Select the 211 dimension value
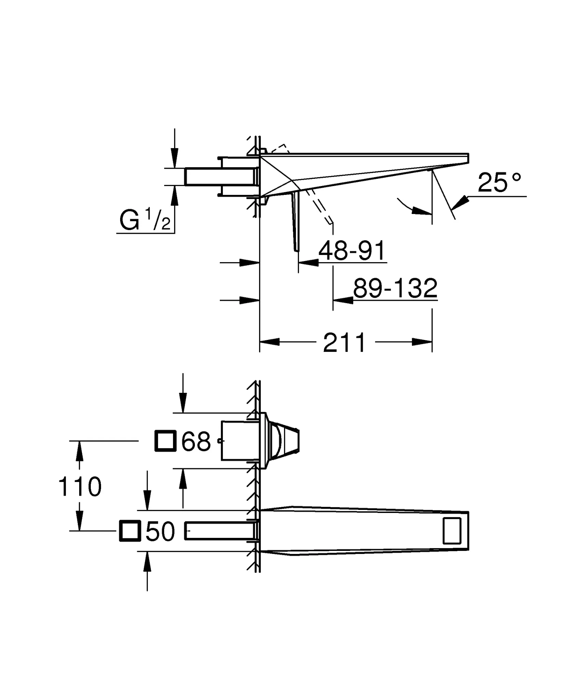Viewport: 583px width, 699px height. [344, 343]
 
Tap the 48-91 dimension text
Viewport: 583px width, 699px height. [352, 250]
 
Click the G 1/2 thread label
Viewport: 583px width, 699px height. [145, 220]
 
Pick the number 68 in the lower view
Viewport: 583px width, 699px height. [196, 441]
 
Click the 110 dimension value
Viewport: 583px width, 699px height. [80, 486]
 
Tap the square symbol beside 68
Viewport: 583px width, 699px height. [166, 441]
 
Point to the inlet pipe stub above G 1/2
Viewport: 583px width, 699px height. [221, 177]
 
